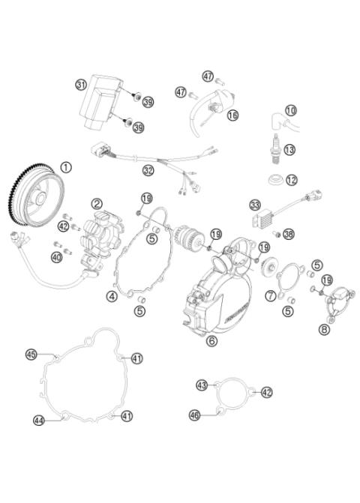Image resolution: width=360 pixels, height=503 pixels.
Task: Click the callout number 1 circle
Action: tap(67, 166)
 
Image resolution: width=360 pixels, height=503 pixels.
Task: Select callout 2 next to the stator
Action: tap(97, 203)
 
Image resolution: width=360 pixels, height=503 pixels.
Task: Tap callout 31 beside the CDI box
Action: tap(81, 85)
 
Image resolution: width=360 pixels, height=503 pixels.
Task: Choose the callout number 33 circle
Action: tap(256, 205)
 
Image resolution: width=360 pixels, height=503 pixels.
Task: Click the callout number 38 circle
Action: tap(289, 234)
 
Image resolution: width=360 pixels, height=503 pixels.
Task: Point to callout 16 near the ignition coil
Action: tap(232, 115)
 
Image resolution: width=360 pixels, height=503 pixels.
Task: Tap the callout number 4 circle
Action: tap(112, 296)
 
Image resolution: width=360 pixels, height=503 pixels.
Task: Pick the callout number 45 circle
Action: tap(31, 353)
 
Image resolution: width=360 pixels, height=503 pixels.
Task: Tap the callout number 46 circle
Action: tap(195, 414)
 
